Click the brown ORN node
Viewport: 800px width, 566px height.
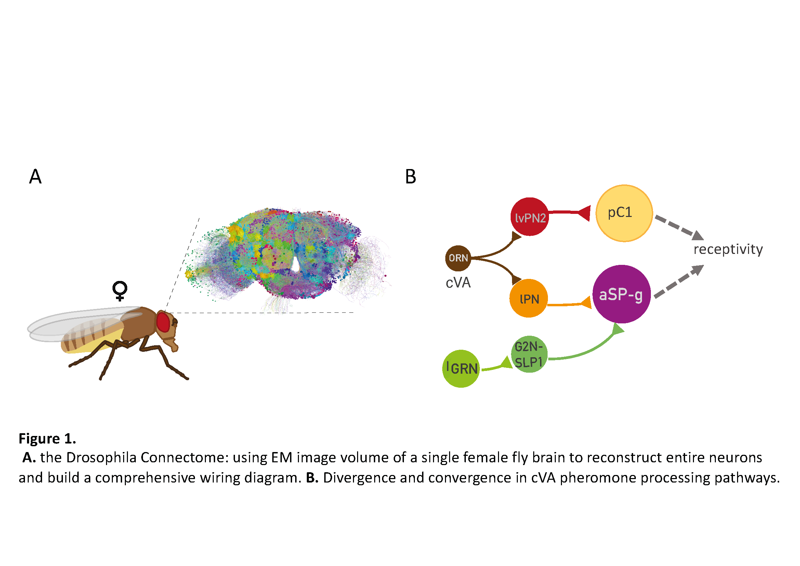click(x=458, y=258)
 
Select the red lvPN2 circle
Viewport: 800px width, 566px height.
click(x=529, y=217)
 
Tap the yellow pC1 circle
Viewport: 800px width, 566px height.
click(x=624, y=213)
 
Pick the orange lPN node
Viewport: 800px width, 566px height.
click(x=528, y=298)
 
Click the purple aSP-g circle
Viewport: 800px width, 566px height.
click(x=621, y=294)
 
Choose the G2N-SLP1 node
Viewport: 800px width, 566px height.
click(x=529, y=354)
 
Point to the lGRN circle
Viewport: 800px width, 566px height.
click(x=461, y=369)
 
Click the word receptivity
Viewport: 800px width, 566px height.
click(x=728, y=249)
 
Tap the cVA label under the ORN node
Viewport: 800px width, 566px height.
click(x=458, y=283)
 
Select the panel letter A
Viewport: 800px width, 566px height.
click(x=35, y=177)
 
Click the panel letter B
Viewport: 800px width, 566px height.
click(x=410, y=177)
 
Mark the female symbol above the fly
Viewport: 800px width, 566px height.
click(x=120, y=291)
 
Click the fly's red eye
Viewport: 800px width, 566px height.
click(x=163, y=322)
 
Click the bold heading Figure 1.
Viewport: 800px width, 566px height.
click(x=48, y=438)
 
